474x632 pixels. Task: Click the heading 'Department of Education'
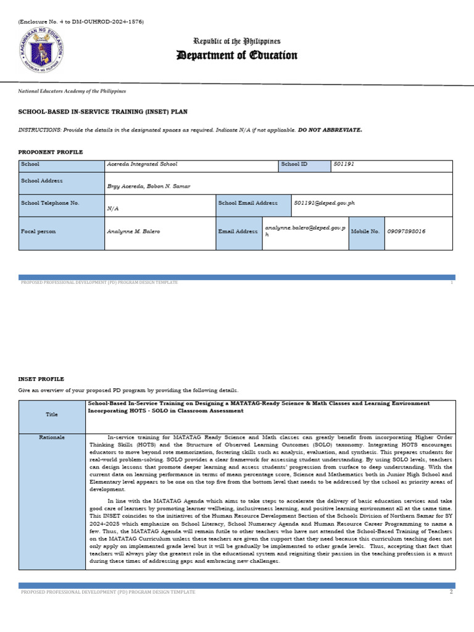click(237, 56)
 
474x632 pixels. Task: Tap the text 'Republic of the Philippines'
click(237, 41)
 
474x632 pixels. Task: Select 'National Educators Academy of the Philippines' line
click(72, 91)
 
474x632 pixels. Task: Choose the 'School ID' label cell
click(304, 165)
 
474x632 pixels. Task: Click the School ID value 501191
click(344, 165)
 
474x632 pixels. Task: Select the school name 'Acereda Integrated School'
click(142, 165)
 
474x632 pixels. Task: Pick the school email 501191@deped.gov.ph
click(325, 202)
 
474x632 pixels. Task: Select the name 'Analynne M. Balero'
click(133, 231)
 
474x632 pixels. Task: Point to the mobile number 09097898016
click(407, 231)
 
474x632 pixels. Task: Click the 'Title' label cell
click(52, 415)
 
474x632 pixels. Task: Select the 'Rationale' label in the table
click(52, 438)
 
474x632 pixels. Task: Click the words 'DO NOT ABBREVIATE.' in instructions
click(330, 130)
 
